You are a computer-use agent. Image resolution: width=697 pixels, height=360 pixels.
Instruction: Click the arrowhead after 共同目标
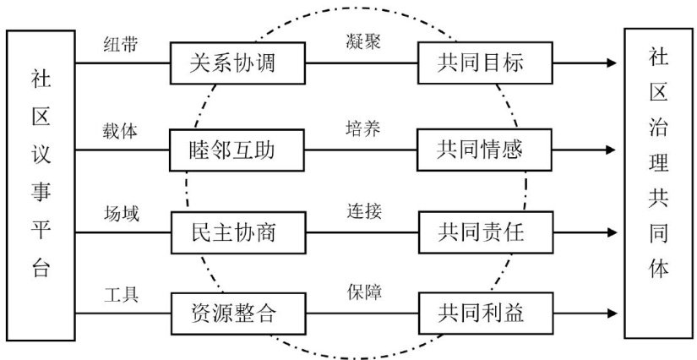point(611,64)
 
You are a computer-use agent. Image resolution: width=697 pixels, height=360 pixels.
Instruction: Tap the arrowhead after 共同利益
point(611,314)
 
